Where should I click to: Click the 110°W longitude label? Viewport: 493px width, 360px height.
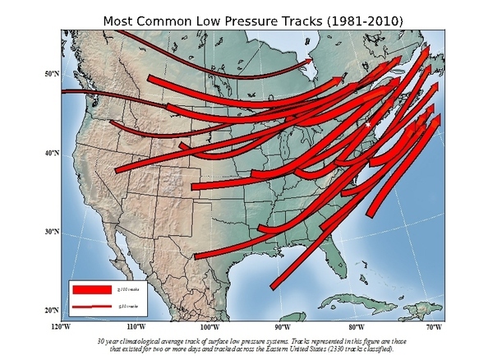[x=135, y=327]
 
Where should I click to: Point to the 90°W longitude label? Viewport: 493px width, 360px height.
[x=283, y=327]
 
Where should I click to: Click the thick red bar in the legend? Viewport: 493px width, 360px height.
[x=96, y=289]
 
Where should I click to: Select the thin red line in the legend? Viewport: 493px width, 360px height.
[x=96, y=307]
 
